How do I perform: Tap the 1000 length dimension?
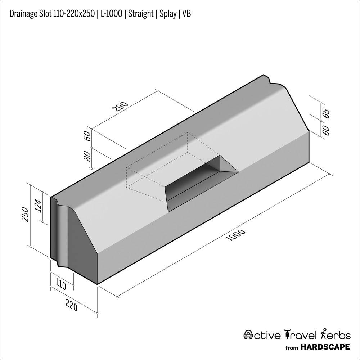[236, 235]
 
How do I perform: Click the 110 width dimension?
[61, 286]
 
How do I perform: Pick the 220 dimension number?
[71, 306]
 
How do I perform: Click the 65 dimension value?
[326, 113]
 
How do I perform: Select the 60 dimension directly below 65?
[326, 130]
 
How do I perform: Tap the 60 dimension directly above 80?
[87, 136]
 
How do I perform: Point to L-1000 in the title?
[111, 14]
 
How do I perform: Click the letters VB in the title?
[186, 14]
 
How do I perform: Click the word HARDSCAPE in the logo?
[325, 347]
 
